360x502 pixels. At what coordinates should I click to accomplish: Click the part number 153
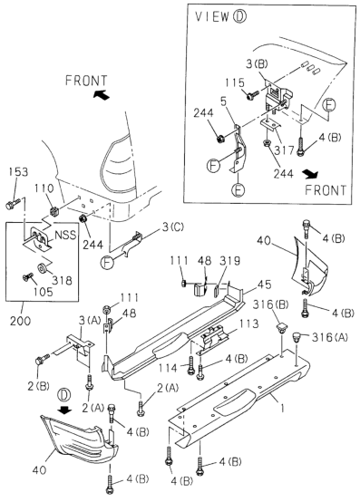pyautogui.click(x=19, y=172)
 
